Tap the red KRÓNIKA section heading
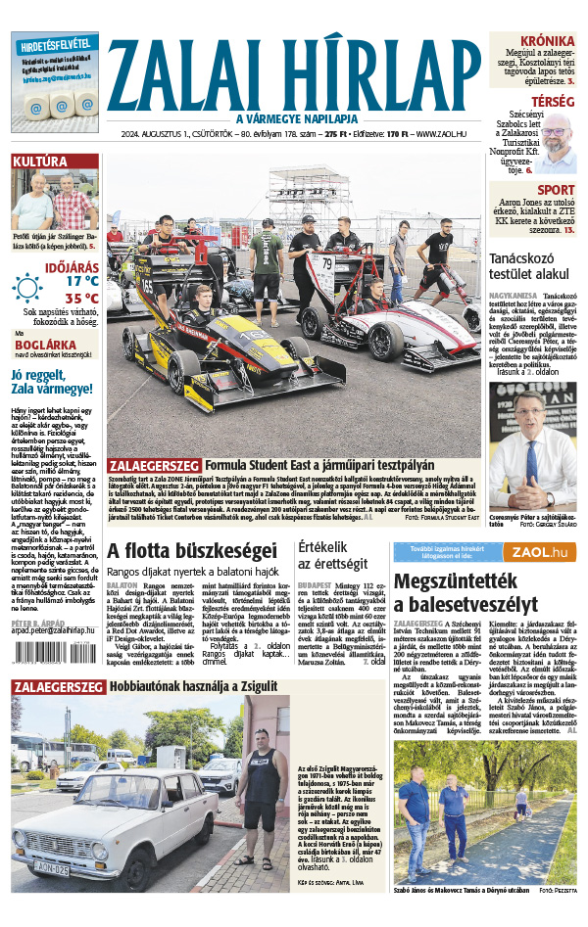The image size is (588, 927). point(547,40)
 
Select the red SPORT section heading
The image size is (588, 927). point(556,190)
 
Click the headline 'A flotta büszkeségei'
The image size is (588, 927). point(178,549)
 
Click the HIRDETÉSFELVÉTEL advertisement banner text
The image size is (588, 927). point(55,44)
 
